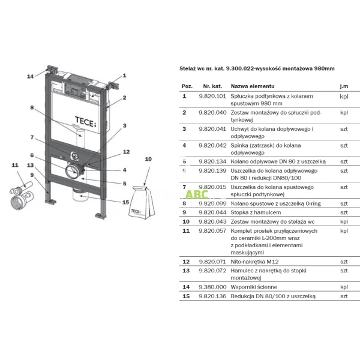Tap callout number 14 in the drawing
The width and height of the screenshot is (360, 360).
(31, 76)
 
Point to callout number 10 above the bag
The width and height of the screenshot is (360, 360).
(149, 158)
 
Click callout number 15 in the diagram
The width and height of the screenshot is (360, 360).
(125, 202)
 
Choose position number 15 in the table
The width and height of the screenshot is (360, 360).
(185, 296)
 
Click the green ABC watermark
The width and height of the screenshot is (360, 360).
(196, 194)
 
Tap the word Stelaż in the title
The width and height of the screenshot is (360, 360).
(190, 69)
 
